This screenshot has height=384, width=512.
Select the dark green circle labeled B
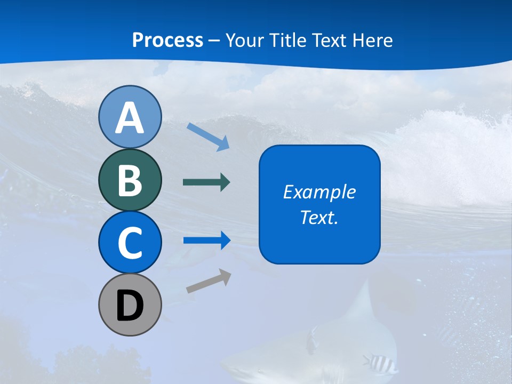130,180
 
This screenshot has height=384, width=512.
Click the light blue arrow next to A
209,137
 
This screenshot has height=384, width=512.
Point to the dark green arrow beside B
206,182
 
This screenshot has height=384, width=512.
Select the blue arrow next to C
207,241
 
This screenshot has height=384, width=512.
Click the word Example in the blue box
319,192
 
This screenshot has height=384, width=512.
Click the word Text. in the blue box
319,217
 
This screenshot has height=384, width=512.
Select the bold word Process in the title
167,40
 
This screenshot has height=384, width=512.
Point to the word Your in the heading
243,40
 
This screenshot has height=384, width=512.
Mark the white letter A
130,117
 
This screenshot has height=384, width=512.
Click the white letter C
130,243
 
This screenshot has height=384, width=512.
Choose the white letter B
130,180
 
